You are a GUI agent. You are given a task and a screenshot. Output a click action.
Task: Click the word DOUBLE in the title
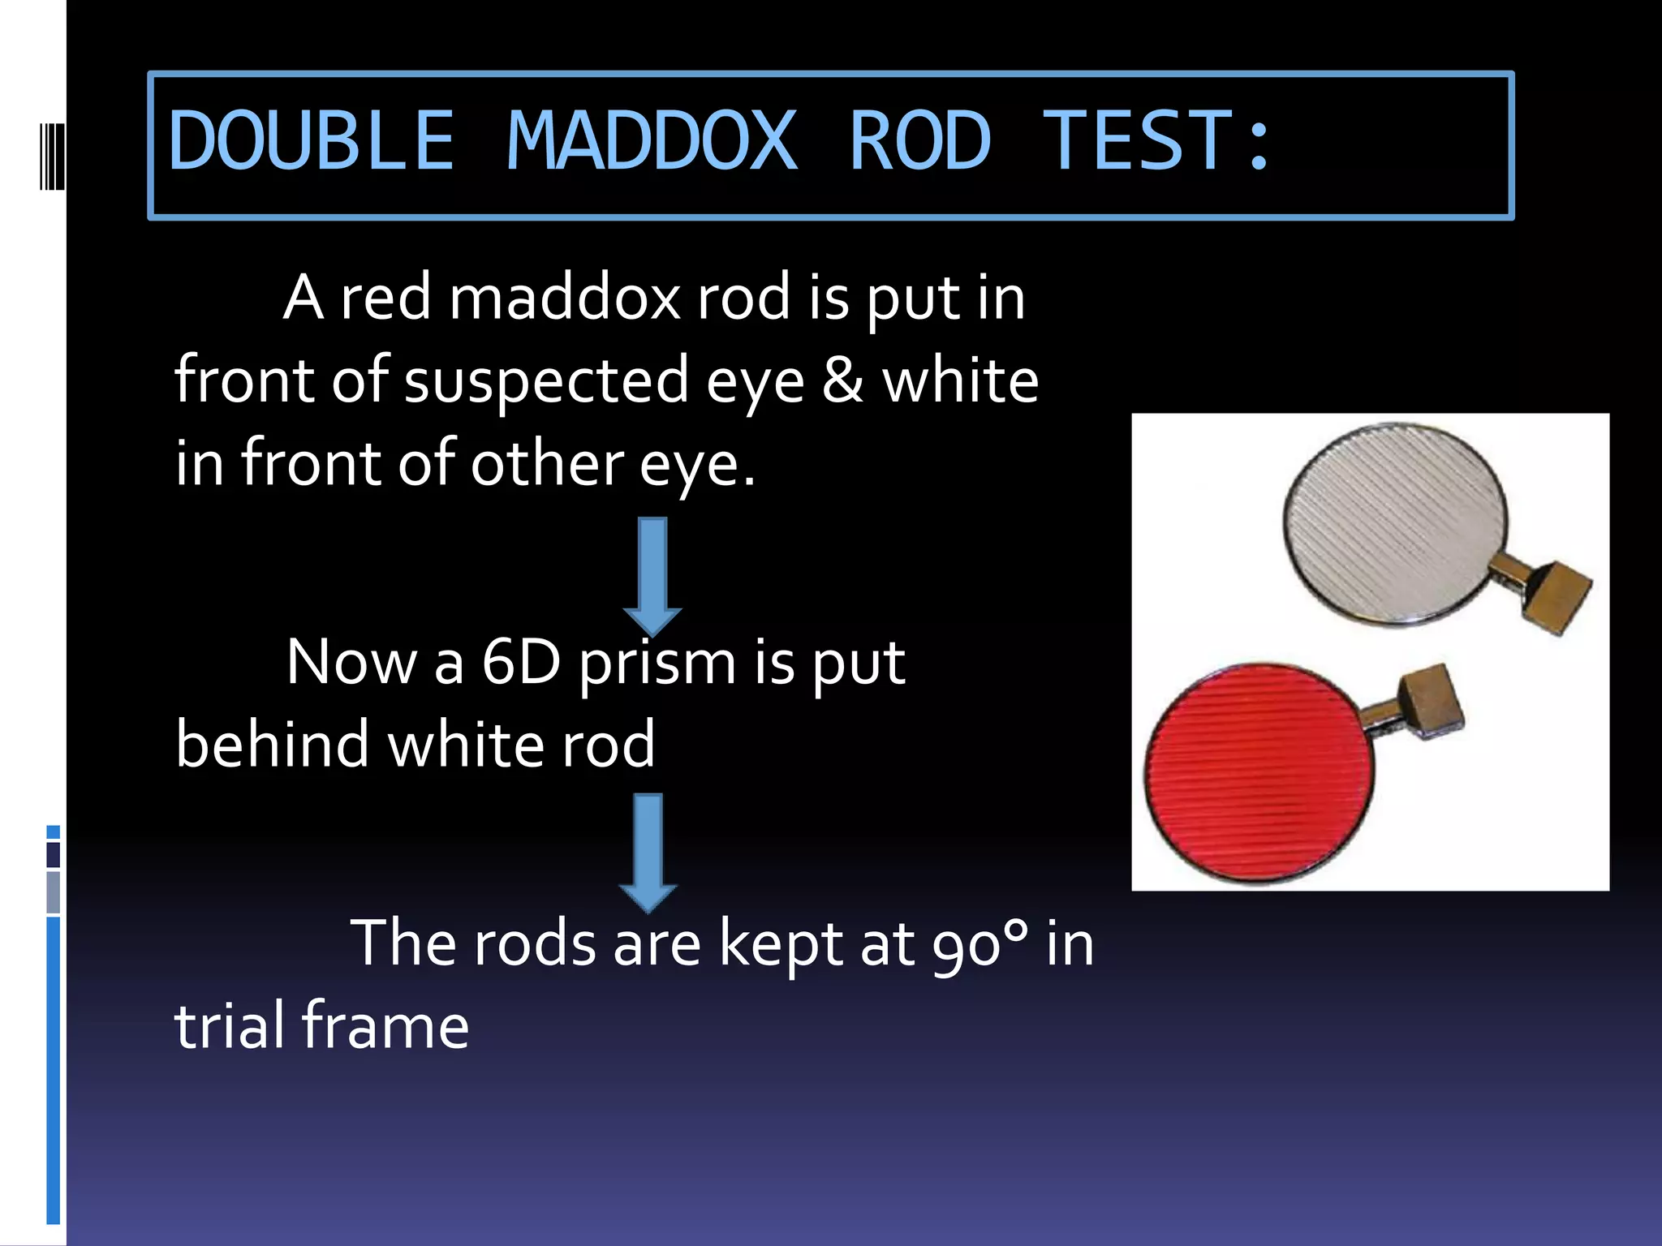311,142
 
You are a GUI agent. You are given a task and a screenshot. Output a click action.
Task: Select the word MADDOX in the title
652,142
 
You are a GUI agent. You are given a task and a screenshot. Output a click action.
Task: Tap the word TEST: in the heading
1156,142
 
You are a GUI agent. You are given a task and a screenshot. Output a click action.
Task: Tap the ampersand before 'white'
842,381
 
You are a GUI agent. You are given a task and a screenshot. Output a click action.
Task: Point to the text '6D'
520,663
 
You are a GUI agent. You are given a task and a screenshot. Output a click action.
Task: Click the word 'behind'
272,744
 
